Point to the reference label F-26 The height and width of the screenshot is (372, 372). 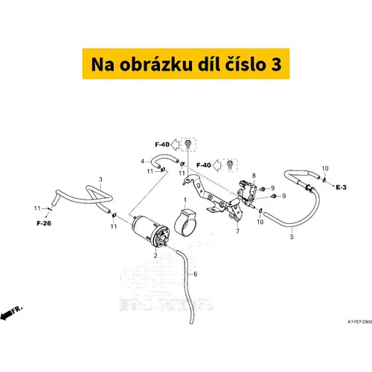click(x=43, y=222)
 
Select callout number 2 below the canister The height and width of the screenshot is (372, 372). click(x=155, y=254)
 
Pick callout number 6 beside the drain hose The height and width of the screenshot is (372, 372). click(x=195, y=275)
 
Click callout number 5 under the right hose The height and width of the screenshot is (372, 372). click(x=292, y=237)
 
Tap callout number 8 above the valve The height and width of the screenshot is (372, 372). click(x=253, y=176)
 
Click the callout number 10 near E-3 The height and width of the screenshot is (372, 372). click(x=324, y=168)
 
